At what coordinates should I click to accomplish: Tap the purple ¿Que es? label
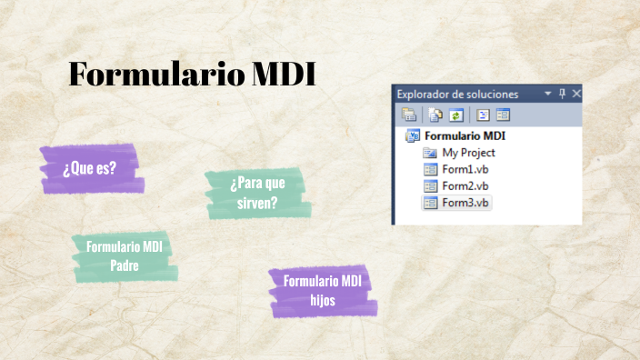[89, 168]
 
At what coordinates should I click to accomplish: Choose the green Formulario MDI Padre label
[125, 255]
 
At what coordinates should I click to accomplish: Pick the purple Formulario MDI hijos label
[322, 290]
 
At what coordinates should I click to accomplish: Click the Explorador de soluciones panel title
[457, 94]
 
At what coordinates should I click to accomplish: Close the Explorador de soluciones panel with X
[576, 94]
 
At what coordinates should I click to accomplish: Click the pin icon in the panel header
[562, 94]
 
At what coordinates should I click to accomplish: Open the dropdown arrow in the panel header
[547, 94]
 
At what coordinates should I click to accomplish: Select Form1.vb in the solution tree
[465, 169]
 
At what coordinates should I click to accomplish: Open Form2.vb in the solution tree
[465, 185]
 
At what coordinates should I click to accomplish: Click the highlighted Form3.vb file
[465, 202]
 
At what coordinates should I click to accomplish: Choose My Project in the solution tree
[468, 153]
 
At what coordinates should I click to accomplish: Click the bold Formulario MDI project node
[465, 135]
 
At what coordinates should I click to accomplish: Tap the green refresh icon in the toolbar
[456, 115]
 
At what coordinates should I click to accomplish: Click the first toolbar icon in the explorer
[409, 115]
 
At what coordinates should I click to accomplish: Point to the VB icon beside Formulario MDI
[413, 135]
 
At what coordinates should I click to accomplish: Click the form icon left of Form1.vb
[431, 169]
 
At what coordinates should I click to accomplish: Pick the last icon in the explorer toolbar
[503, 115]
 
